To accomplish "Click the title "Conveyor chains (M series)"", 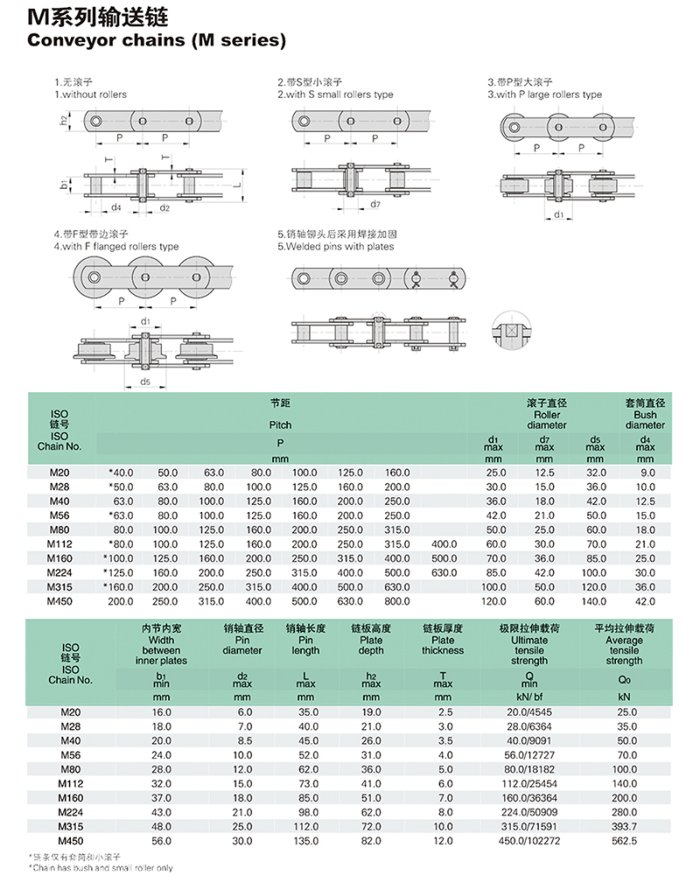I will pos(157,40).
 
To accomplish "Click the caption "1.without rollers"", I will pos(90,95).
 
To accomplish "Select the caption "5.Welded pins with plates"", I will pos(336,247).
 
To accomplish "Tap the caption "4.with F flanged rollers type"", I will pos(115,247).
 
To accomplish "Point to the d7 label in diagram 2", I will pos(374,205).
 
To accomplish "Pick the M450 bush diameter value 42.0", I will pos(645,601).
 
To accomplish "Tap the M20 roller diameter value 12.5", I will pos(544,473).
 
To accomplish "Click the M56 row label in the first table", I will pos(59,515).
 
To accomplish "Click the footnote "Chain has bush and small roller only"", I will pos(101,868).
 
